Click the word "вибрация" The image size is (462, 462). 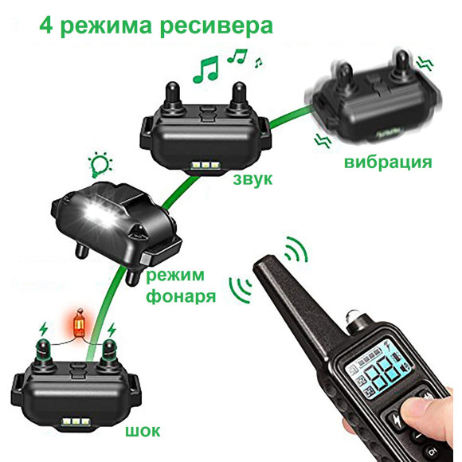tap(388, 162)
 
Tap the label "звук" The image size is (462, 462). tap(253, 179)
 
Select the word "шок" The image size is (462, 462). tap(143, 431)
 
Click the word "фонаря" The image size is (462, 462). tap(181, 296)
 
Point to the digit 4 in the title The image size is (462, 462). tap(46, 25)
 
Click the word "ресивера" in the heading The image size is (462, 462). tap(217, 27)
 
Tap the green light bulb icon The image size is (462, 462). tap(100, 165)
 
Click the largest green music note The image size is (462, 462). tap(206, 69)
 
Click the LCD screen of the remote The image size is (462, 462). tap(380, 372)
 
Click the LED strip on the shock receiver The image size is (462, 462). tap(76, 422)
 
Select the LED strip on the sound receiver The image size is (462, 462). tap(206, 166)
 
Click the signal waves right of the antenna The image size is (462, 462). tap(296, 249)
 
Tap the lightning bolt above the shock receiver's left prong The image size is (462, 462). tap(43, 329)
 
